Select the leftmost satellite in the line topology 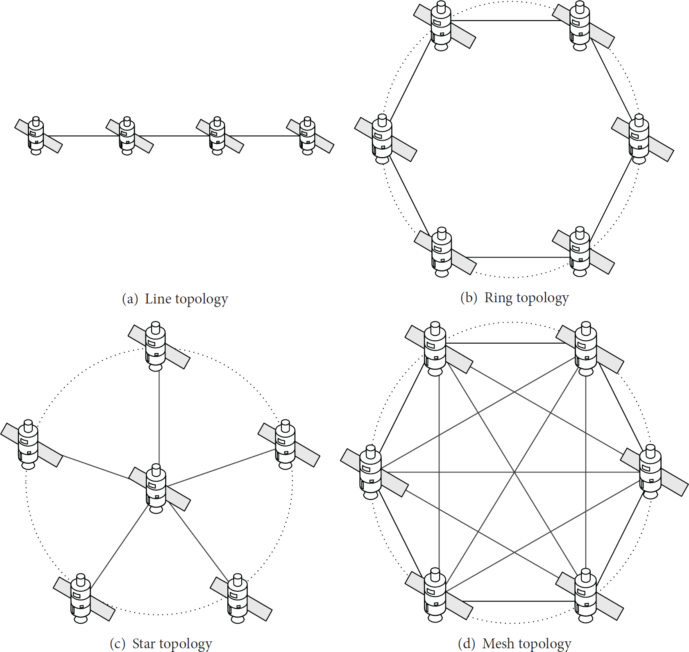(x=36, y=135)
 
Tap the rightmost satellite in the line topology (x=308, y=135)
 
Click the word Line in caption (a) (x=158, y=299)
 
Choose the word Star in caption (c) (x=144, y=643)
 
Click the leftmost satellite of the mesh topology (x=372, y=472)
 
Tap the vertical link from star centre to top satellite (x=159, y=417)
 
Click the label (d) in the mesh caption (x=467, y=643)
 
